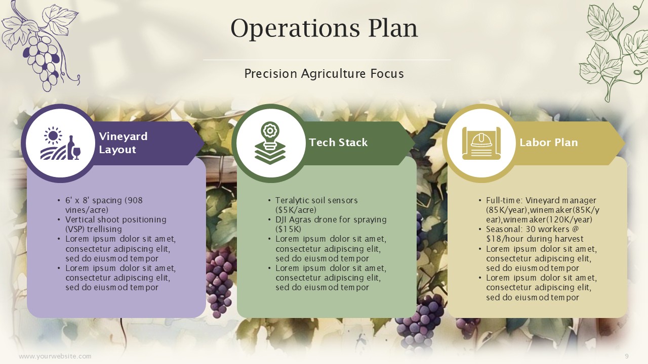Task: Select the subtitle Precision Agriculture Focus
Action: [324, 74]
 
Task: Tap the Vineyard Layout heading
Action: [123, 143]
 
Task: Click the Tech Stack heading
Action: [338, 143]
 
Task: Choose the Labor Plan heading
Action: [548, 143]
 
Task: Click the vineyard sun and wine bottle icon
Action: [60, 143]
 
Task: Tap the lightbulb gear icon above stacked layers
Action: [270, 143]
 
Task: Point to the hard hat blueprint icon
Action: [481, 143]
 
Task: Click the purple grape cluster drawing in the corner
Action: [40, 45]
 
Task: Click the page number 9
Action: [627, 356]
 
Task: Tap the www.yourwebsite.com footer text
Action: [55, 356]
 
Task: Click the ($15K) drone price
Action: [289, 230]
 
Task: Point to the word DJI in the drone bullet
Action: [281, 219]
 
